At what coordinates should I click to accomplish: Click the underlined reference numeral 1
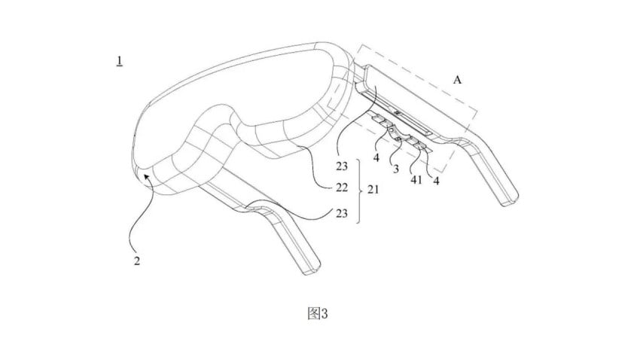pyautogui.click(x=119, y=61)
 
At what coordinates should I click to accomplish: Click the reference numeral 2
pyautogui.click(x=138, y=261)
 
